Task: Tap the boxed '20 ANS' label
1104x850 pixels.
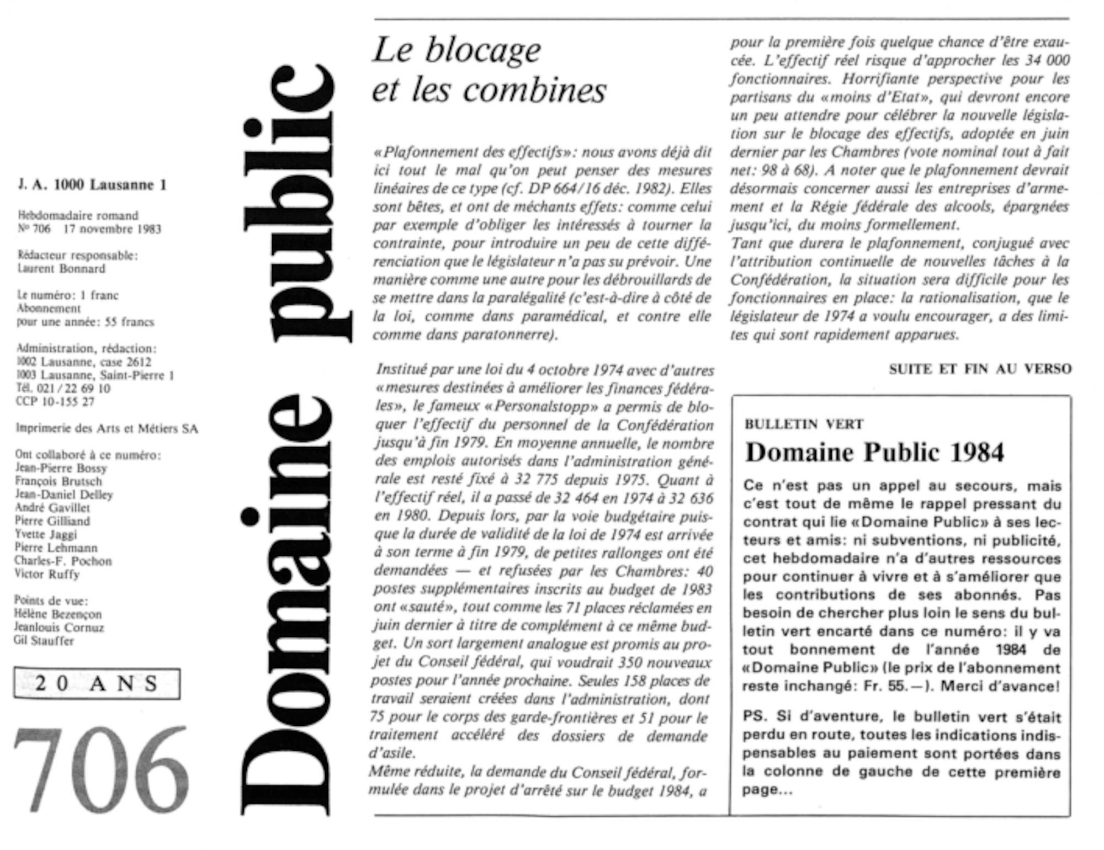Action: coord(97,683)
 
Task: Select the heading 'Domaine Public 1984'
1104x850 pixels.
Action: coord(874,453)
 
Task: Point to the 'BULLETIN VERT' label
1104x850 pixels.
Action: coord(804,424)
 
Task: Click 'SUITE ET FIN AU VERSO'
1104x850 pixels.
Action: coord(980,369)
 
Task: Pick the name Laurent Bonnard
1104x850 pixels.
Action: coord(61,269)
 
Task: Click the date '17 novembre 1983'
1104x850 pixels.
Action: coord(112,229)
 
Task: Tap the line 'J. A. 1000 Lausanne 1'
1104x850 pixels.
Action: coord(92,185)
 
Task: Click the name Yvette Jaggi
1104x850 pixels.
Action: coord(46,534)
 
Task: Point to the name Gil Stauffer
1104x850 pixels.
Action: coord(44,641)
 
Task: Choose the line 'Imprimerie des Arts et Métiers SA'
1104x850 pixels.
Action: coord(107,428)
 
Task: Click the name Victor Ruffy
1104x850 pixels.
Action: coord(47,574)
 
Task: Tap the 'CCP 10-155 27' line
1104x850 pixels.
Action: coord(55,402)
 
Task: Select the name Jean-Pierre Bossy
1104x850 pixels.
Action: coord(61,468)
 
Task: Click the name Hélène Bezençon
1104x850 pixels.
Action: coord(58,614)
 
